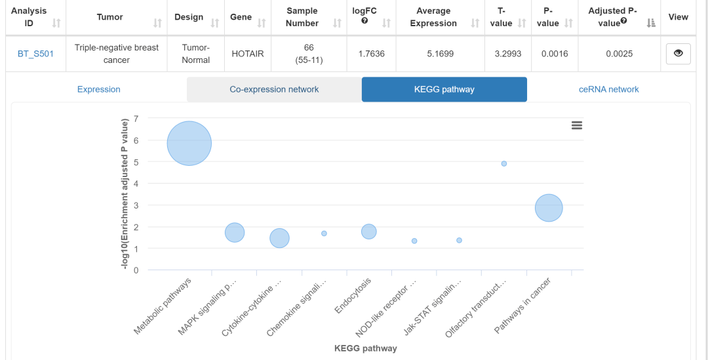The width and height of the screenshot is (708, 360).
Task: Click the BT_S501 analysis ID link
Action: tap(35, 54)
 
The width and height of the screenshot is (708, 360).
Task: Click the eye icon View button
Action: tap(678, 54)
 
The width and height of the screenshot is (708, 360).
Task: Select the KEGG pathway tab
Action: tap(444, 89)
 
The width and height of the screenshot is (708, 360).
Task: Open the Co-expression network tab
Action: tap(274, 89)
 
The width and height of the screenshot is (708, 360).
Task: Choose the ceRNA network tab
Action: tap(608, 89)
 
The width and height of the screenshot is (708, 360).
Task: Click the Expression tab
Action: tap(98, 89)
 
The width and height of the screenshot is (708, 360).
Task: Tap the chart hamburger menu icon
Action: tap(577, 125)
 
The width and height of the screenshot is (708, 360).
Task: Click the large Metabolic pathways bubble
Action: tap(189, 144)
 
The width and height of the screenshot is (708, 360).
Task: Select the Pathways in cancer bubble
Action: tap(549, 208)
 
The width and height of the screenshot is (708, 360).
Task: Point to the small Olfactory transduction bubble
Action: tap(504, 163)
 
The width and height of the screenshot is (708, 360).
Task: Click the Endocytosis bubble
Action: tap(369, 231)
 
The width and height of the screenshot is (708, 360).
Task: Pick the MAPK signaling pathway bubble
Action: tap(235, 232)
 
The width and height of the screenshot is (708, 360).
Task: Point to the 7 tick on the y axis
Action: tap(136, 119)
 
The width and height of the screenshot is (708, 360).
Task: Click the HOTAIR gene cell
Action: tap(248, 54)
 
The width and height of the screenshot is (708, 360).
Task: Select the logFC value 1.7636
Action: tap(372, 54)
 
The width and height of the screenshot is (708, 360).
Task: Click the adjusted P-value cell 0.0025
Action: tap(619, 54)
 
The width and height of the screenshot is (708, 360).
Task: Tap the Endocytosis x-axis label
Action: tap(354, 295)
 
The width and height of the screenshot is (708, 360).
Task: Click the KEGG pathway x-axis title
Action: tap(365, 348)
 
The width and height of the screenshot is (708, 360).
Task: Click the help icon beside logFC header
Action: tap(364, 20)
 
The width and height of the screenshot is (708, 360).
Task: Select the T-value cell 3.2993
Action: tap(508, 54)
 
